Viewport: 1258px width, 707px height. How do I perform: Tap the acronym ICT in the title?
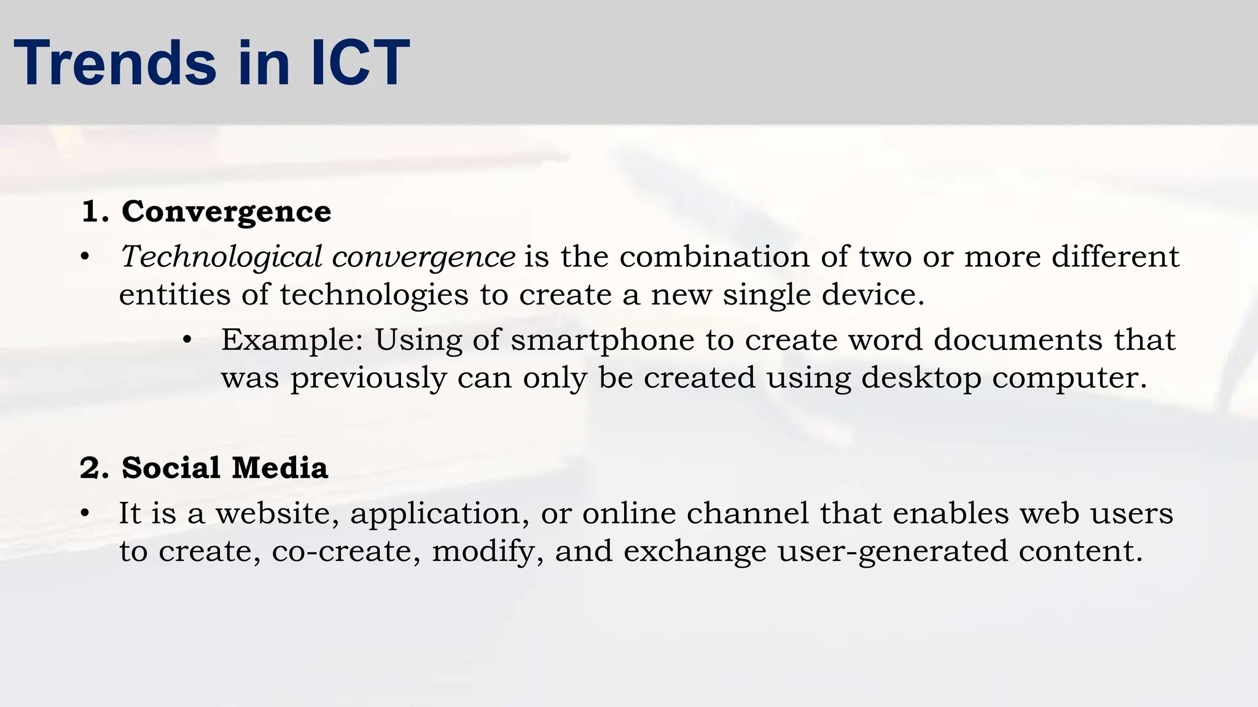(x=360, y=63)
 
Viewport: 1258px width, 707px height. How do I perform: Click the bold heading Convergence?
(x=226, y=212)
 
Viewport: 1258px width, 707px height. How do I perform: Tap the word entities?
(x=174, y=295)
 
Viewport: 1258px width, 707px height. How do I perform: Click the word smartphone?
(x=603, y=341)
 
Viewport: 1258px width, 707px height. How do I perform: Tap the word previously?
(x=368, y=379)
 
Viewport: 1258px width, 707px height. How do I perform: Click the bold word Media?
(x=280, y=468)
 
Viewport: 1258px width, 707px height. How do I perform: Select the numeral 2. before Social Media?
(x=95, y=469)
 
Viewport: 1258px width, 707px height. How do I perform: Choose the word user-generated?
(x=893, y=552)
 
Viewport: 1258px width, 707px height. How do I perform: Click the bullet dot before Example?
(x=188, y=340)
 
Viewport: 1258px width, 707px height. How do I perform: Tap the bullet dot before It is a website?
(x=85, y=513)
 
